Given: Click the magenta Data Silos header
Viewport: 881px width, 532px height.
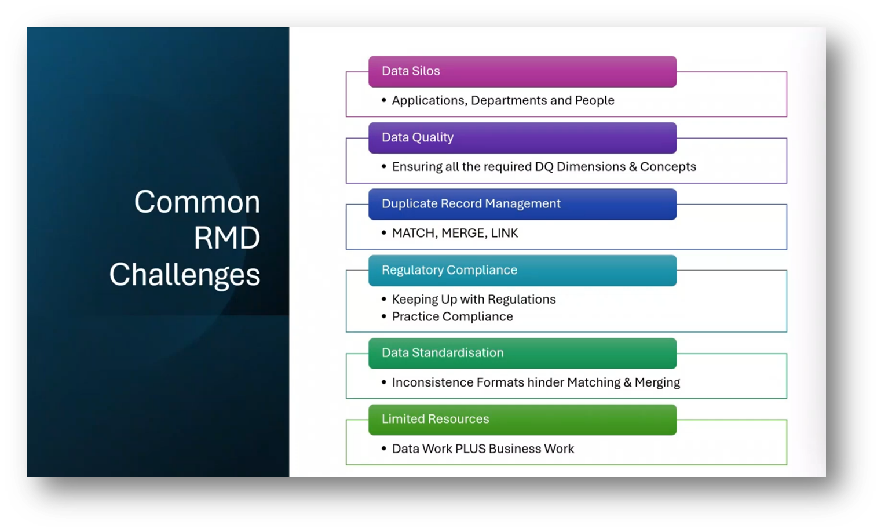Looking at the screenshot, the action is click(x=522, y=72).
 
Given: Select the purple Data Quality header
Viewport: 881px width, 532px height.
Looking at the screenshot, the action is click(x=522, y=138).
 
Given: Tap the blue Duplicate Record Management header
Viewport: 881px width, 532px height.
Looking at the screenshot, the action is click(x=522, y=204).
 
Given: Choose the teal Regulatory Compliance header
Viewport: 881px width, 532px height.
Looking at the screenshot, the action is click(x=522, y=270).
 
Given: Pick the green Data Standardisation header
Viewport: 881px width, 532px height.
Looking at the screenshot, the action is click(x=522, y=354).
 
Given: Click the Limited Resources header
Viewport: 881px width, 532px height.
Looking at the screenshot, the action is click(x=522, y=420).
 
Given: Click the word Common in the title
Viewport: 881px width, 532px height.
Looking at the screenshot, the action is click(x=197, y=202).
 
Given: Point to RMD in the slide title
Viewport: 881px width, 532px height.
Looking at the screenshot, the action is click(x=227, y=238).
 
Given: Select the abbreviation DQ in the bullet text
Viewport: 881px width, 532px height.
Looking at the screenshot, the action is click(x=544, y=167).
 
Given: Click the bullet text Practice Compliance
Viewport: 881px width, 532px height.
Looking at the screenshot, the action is click(x=452, y=316).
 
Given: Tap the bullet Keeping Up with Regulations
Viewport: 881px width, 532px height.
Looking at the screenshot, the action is click(x=474, y=300).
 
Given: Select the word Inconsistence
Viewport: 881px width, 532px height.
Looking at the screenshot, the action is click(x=433, y=382).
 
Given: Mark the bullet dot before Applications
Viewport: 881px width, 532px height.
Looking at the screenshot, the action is click(x=384, y=100).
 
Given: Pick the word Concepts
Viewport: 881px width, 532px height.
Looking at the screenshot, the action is click(x=668, y=167).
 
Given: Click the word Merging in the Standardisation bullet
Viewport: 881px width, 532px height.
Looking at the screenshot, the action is click(x=657, y=383).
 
